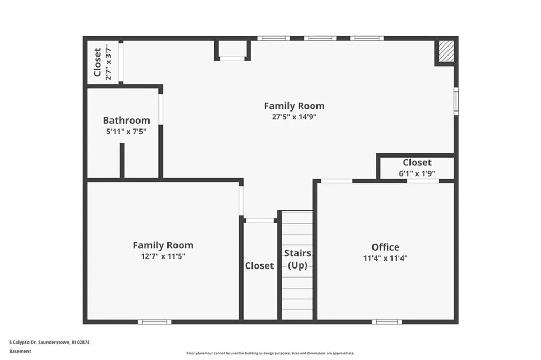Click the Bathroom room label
coord(126,121)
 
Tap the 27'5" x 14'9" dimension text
coord(294,117)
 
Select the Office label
coord(385,247)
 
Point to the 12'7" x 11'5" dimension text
coord(163,256)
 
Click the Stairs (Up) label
coord(297,260)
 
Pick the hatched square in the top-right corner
coord(445,52)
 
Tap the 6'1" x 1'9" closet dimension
coord(417,173)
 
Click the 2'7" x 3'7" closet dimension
coord(109,62)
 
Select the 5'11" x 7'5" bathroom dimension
coord(126,131)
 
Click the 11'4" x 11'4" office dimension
coord(385,258)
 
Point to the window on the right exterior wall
coord(456,101)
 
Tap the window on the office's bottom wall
coord(386,321)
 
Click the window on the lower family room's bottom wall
coord(154,321)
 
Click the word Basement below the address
coord(20,350)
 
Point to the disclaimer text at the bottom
coord(270,353)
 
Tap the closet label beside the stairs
coord(259,265)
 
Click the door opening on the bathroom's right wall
coord(161,109)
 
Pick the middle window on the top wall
coord(320,38)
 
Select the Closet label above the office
coord(417,162)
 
